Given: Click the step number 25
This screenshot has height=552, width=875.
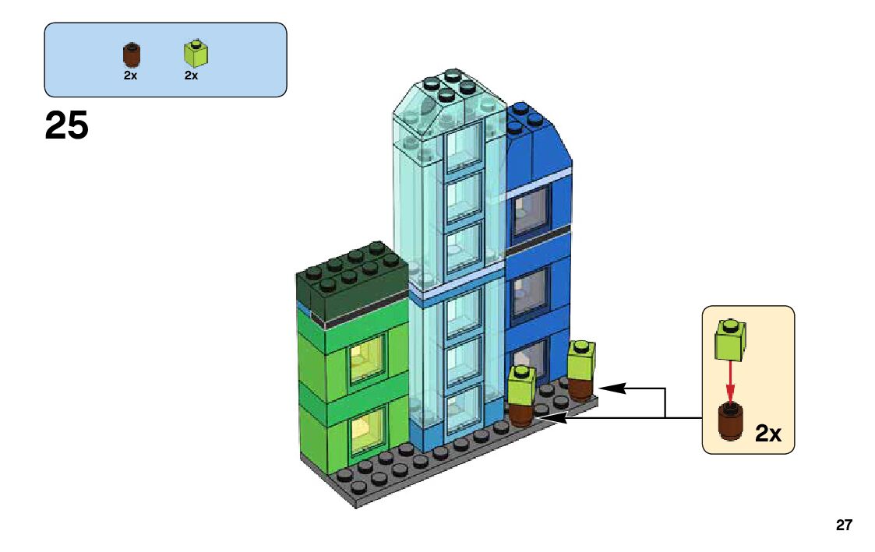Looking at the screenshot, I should (x=66, y=126).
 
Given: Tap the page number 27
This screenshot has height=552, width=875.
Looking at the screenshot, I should (x=844, y=526).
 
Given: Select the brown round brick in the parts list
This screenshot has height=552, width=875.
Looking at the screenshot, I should (x=131, y=54).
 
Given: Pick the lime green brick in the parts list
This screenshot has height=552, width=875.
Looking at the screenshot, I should (x=195, y=53).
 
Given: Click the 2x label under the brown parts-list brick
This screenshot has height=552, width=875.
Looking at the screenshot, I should (x=130, y=76).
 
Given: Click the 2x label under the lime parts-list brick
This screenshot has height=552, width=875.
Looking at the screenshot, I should (x=191, y=76).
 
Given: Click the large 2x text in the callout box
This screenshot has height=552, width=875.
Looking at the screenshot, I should (x=768, y=434).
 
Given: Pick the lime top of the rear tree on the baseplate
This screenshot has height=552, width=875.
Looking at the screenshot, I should (x=581, y=359).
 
